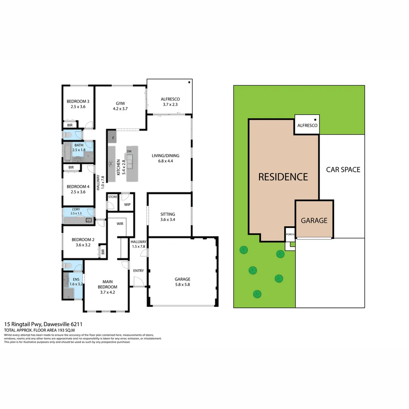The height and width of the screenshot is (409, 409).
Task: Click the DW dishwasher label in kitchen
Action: pyautogui.click(x=129, y=151)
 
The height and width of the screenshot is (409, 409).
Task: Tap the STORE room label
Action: pyautogui.click(x=112, y=197)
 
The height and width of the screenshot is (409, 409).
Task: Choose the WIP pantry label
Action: pyautogui.click(x=127, y=205)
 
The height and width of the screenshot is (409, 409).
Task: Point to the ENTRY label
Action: pyautogui.click(x=138, y=270)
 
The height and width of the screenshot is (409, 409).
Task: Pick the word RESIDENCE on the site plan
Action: pyautogui.click(x=283, y=177)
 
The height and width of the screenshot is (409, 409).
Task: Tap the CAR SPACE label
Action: pyautogui.click(x=343, y=170)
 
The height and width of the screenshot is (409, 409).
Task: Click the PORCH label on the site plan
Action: pyautogui.click(x=290, y=234)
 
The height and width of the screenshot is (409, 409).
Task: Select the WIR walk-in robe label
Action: pyautogui.click(x=120, y=224)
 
